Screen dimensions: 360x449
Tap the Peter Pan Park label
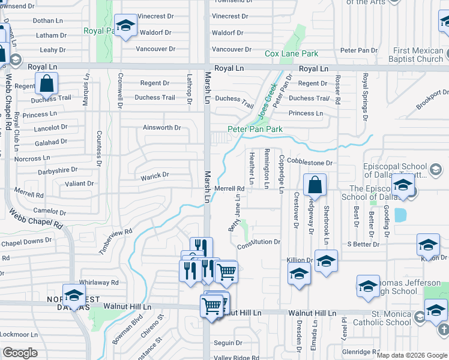point(255,129)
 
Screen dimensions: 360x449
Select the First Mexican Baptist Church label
point(418,55)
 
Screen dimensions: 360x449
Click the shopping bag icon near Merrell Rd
point(315,186)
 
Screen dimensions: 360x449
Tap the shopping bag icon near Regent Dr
point(46,84)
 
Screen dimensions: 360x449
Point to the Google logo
point(20,353)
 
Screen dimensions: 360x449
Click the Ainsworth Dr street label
point(161,128)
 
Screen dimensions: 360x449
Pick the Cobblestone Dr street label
point(309,163)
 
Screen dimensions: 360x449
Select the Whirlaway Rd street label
point(99,282)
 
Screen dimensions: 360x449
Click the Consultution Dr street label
point(259,242)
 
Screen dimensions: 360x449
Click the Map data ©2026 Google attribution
point(412,355)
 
